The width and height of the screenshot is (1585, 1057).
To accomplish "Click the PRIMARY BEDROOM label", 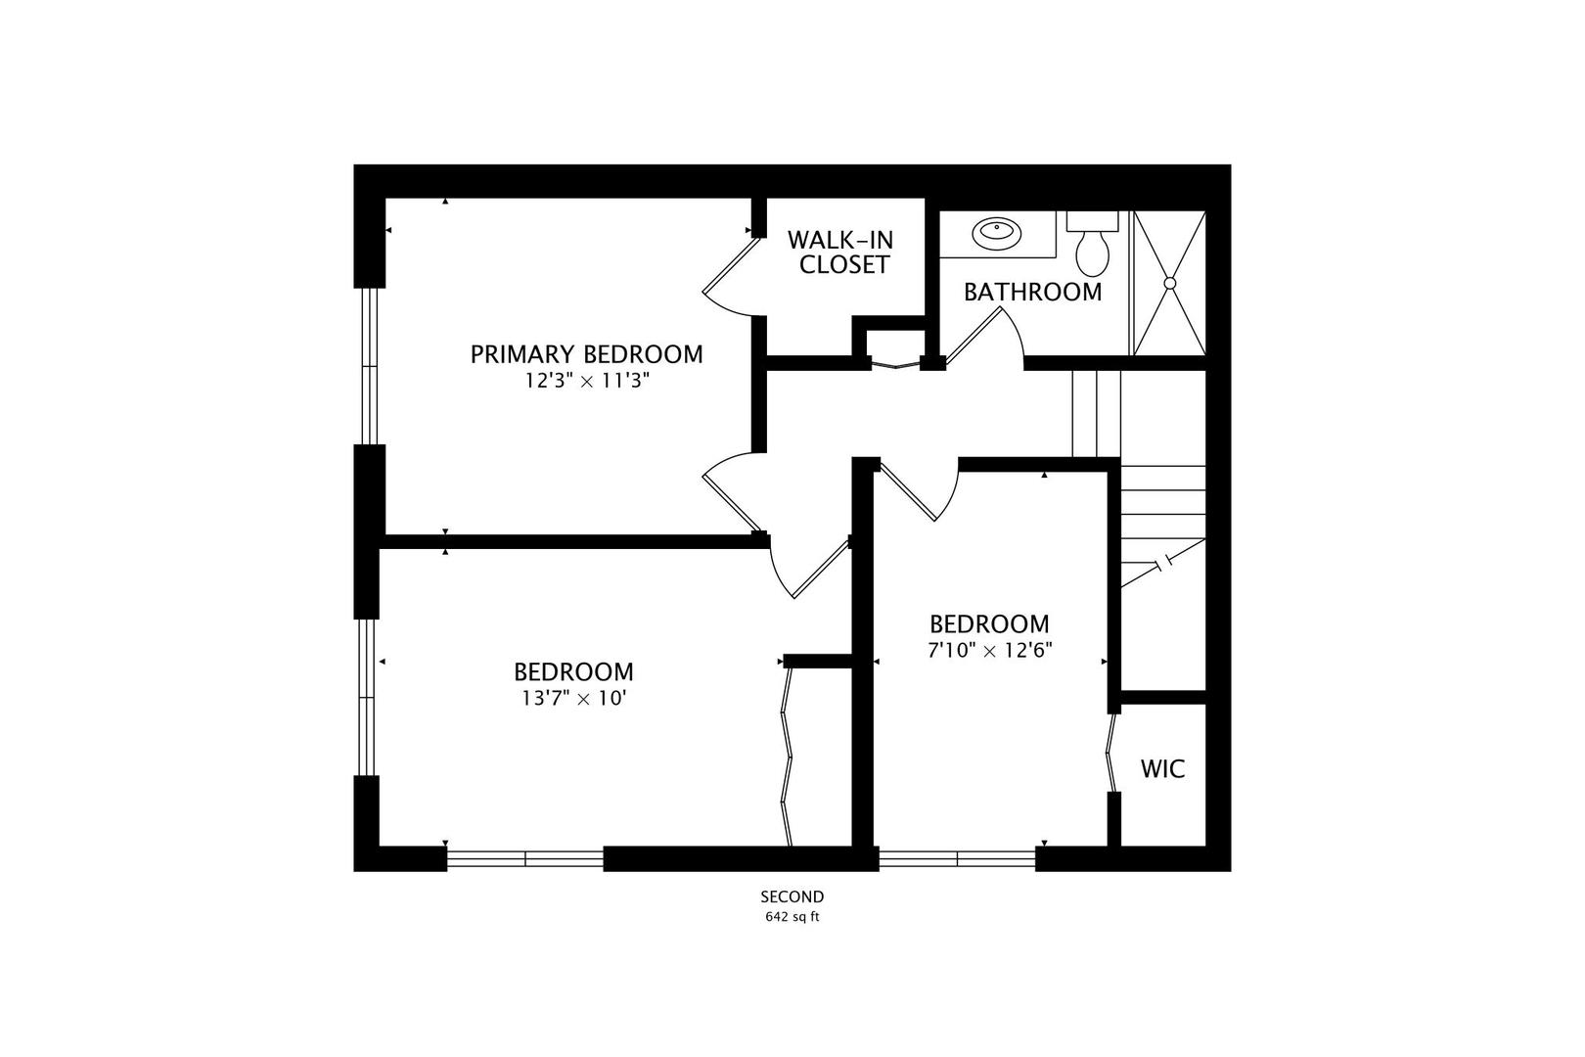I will click(x=586, y=354).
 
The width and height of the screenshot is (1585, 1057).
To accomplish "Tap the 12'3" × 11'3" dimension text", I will click(x=587, y=381).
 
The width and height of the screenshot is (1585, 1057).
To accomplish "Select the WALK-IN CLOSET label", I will click(x=841, y=253).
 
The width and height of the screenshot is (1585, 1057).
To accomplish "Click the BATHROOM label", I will click(x=1032, y=293).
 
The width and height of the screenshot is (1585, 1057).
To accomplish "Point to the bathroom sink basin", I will click(x=996, y=233).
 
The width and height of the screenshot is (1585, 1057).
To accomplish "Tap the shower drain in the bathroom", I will click(x=1169, y=283).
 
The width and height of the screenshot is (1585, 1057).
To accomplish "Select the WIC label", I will click(x=1162, y=769).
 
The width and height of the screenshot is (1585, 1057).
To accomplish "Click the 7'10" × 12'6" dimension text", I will click(x=989, y=650).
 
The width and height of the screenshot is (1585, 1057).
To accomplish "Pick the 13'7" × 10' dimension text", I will click(x=573, y=699).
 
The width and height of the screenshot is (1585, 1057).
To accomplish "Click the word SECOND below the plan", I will click(x=792, y=896).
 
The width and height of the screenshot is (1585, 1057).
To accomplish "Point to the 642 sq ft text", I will click(x=792, y=918).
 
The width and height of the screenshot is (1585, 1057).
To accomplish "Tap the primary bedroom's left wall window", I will click(x=369, y=366).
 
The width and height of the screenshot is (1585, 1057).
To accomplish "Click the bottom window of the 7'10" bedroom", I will click(x=957, y=859).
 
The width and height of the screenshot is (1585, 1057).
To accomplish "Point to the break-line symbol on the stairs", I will click(x=1165, y=563).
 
